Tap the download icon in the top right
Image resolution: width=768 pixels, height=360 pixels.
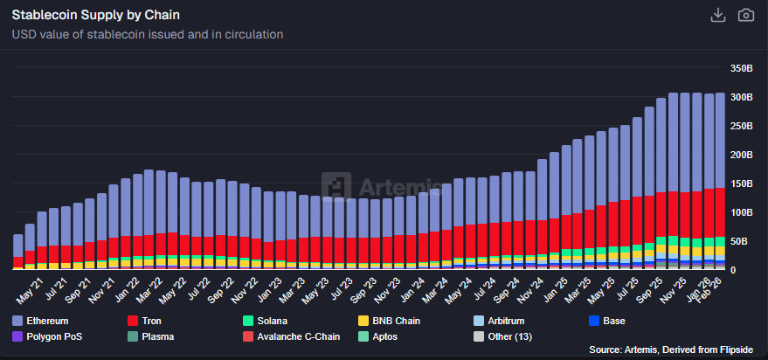(x=718, y=16)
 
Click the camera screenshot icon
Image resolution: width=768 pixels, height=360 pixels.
(x=745, y=16)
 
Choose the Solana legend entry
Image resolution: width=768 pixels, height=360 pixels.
(x=266, y=321)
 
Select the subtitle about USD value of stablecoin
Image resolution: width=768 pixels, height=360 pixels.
(x=148, y=35)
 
